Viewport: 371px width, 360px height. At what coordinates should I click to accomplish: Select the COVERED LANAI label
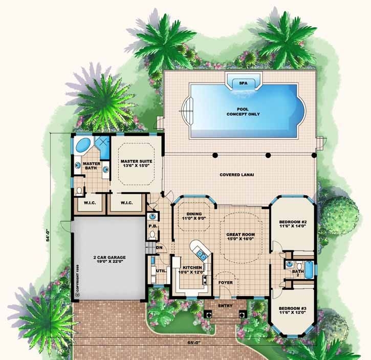pyautogui.click(x=237, y=174)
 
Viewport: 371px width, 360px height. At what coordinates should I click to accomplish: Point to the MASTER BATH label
pyautogui.click(x=91, y=166)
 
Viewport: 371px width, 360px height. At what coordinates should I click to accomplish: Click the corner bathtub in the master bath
pyautogui.click(x=82, y=146)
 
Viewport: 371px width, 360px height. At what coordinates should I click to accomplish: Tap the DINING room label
pyautogui.click(x=194, y=217)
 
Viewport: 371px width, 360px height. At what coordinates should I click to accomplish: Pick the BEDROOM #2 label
pyautogui.click(x=292, y=224)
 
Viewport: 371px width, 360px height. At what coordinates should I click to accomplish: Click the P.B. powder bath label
pyautogui.click(x=152, y=226)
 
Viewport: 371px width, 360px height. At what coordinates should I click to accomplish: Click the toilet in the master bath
pyautogui.click(x=78, y=190)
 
